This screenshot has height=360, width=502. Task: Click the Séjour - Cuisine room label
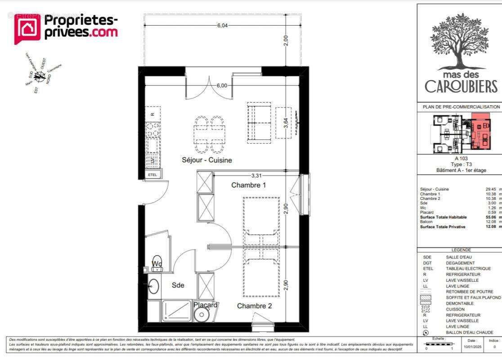click(207, 160)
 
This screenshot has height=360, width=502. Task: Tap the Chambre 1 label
click(249, 185)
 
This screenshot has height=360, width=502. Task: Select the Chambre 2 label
click(255, 306)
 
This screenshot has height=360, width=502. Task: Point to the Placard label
click(206, 305)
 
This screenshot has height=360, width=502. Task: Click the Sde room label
click(178, 285)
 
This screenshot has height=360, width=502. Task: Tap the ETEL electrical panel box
click(153, 175)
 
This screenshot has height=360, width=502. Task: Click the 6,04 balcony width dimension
click(222, 25)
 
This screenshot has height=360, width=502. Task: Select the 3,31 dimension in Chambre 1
click(256, 175)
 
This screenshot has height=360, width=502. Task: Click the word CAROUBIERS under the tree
click(461, 86)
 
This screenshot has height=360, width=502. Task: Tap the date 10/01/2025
click(472, 347)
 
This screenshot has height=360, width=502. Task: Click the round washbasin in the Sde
click(154, 286)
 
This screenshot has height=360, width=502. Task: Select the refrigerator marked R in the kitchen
click(153, 114)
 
